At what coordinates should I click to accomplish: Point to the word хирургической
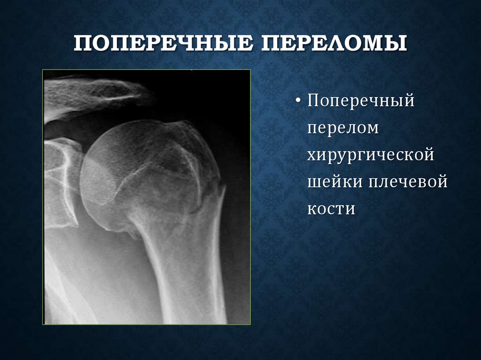pyautogui.click(x=371, y=155)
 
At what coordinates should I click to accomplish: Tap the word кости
pyautogui.click(x=331, y=209)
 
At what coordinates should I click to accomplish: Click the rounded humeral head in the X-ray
pyautogui.click(x=136, y=174)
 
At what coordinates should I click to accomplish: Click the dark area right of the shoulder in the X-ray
pyautogui.click(x=235, y=117)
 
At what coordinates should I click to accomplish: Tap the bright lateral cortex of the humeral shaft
pyautogui.click(x=217, y=263)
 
